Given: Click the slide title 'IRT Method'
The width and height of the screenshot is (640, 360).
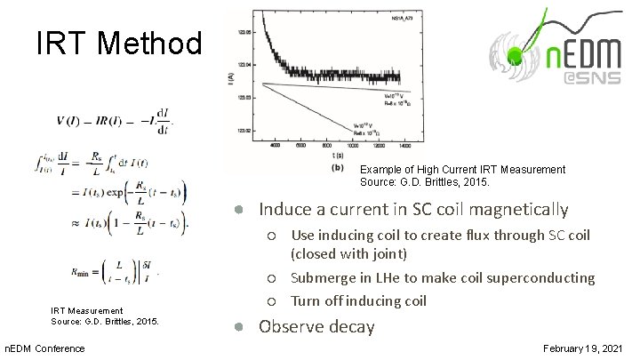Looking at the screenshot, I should [x=119, y=44].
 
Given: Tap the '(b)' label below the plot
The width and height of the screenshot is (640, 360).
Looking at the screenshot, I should [x=338, y=165].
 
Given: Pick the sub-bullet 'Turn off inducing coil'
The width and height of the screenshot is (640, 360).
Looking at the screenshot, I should [x=359, y=300].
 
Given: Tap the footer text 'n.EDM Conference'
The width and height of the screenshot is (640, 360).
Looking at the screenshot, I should [x=44, y=348].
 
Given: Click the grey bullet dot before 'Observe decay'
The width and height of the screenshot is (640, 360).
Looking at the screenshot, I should [x=240, y=326].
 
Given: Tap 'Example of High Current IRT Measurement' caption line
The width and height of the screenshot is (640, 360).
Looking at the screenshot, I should [x=462, y=169].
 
